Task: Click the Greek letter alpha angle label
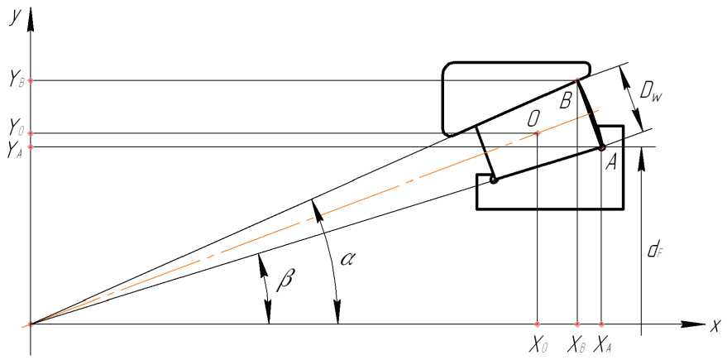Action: (351, 259)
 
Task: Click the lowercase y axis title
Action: (14, 16)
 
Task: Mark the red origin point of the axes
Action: (31, 324)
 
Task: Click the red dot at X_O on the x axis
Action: (538, 324)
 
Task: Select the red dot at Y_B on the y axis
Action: (31, 80)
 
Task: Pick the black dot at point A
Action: (602, 148)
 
